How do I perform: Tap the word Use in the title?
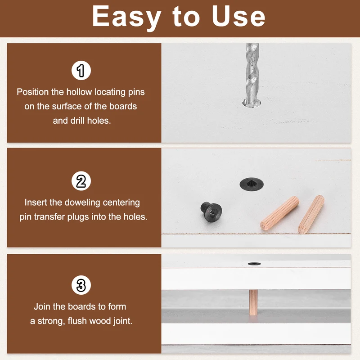click(238, 16)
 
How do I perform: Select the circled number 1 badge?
click(81, 70)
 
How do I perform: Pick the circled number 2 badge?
click(81, 181)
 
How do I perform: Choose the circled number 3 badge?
click(81, 285)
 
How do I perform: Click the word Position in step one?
click(32, 92)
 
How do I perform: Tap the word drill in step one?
click(77, 121)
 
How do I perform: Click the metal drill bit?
click(252, 75)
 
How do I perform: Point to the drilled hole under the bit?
click(252, 104)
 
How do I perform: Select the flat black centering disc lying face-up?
click(252, 184)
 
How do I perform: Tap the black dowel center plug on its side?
click(211, 211)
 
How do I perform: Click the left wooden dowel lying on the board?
click(279, 213)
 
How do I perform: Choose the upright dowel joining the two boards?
click(253, 302)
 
